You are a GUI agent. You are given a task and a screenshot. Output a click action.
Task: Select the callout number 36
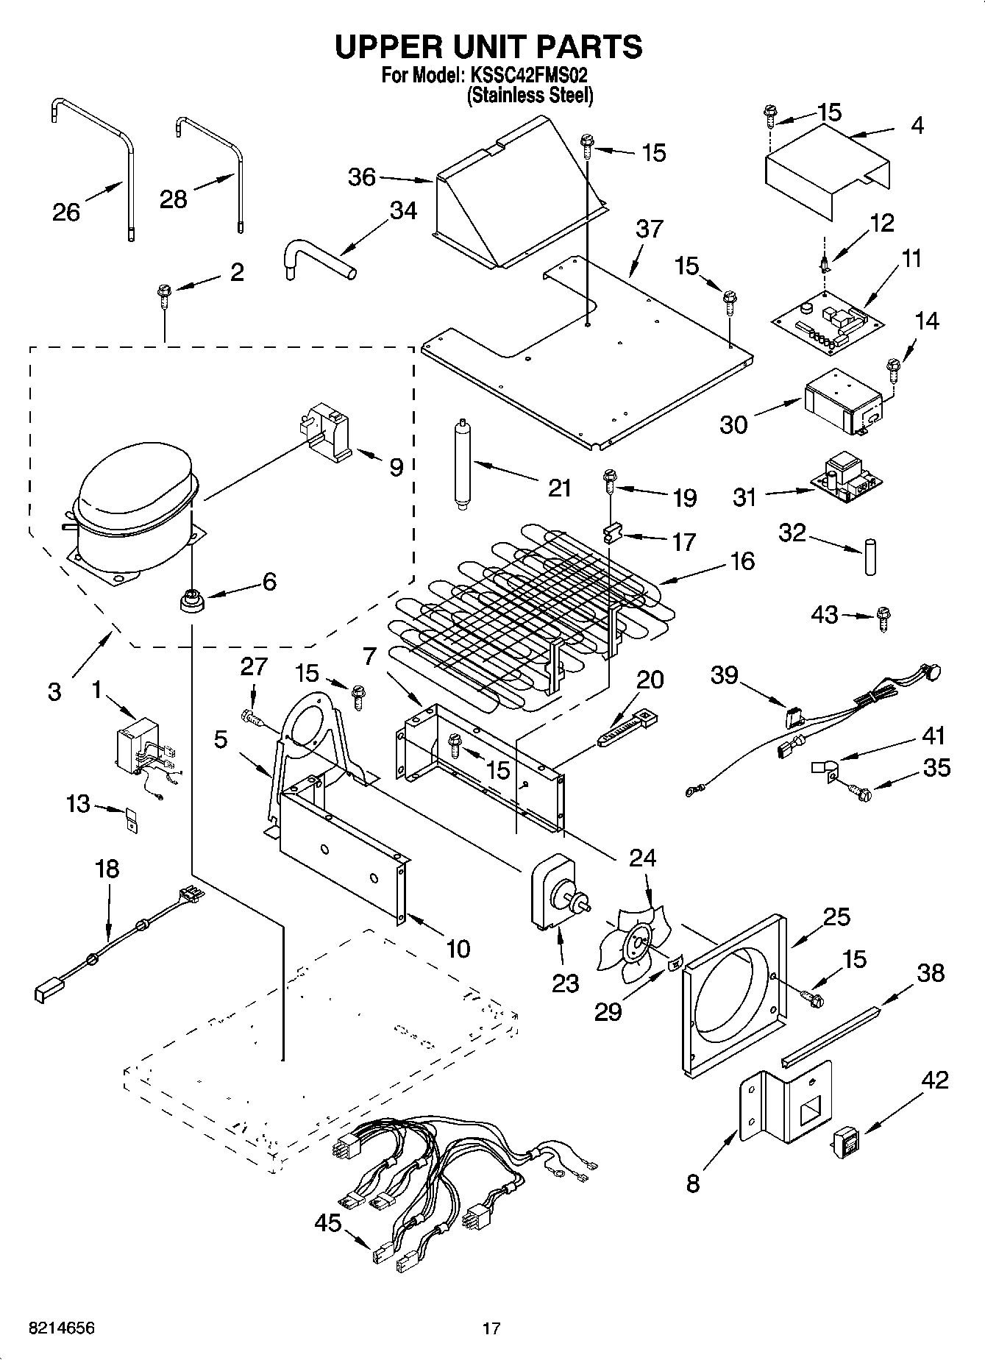coord(361,177)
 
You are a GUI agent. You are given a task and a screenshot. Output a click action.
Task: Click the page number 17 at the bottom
coord(491,1328)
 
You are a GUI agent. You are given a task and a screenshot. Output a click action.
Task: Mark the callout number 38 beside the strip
coord(931,972)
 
